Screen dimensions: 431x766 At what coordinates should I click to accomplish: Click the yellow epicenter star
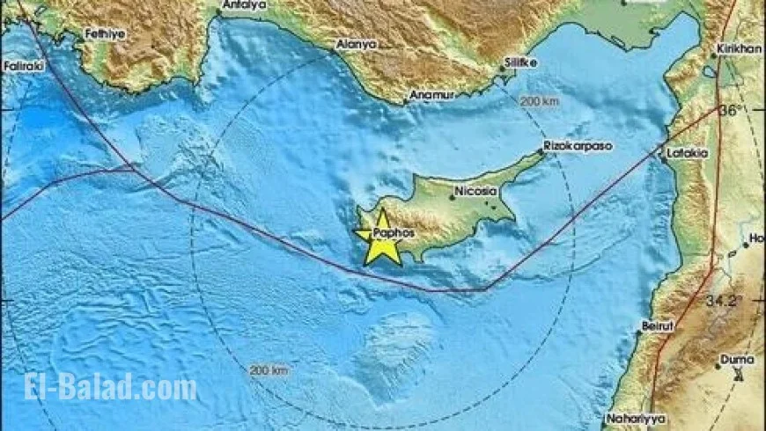coord(383,237)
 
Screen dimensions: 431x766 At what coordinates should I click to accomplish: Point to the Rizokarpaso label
coord(578,145)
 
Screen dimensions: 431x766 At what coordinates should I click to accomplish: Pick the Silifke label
coord(518,63)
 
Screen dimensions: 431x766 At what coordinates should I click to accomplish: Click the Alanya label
coord(357,44)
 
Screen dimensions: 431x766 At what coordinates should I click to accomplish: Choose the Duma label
coord(737,359)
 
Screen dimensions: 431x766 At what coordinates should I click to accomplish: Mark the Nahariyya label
coord(633,419)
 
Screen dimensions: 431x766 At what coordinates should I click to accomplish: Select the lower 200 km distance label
coord(269,370)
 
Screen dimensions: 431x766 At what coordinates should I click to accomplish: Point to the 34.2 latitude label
coord(726,301)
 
